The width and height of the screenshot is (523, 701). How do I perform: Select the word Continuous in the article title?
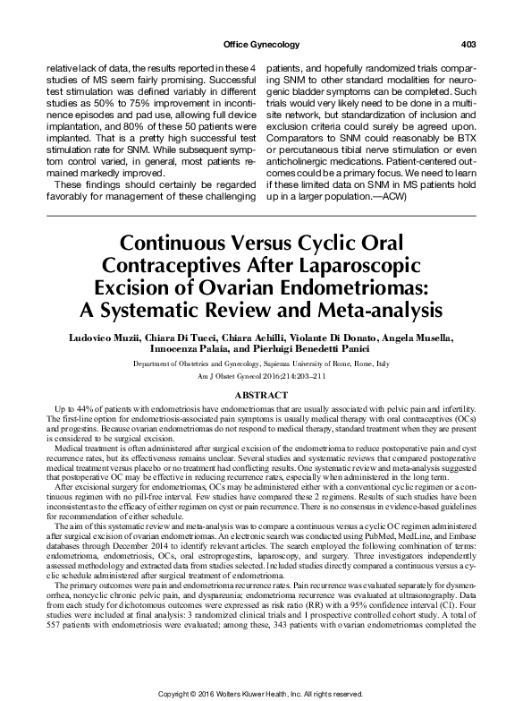[165, 244]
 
